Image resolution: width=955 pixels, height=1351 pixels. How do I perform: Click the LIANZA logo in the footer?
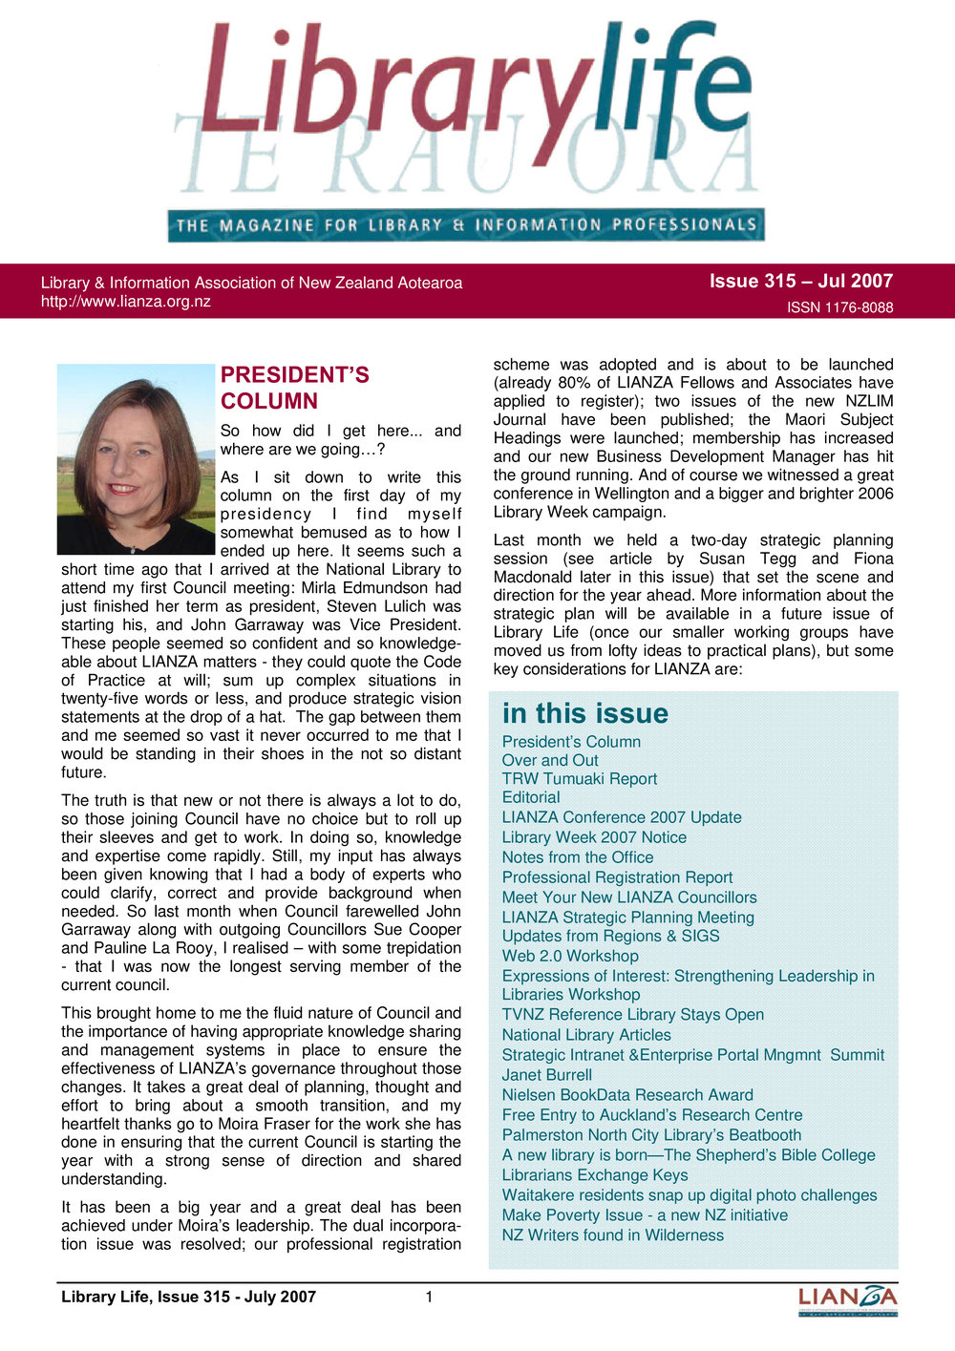pyautogui.click(x=847, y=1299)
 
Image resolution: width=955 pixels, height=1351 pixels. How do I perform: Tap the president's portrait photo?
pyautogui.click(x=136, y=458)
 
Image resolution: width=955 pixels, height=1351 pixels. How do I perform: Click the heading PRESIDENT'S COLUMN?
pyautogui.click(x=294, y=388)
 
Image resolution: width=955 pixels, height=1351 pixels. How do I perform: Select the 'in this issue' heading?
pyautogui.click(x=584, y=713)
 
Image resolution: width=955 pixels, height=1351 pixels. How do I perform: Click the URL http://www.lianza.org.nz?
pyautogui.click(x=125, y=302)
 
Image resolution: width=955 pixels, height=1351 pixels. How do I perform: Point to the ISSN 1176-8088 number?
pyautogui.click(x=839, y=307)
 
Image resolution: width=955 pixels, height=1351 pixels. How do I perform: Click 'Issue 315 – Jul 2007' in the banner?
pyautogui.click(x=800, y=281)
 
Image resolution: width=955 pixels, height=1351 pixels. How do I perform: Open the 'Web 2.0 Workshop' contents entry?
pyautogui.click(x=570, y=956)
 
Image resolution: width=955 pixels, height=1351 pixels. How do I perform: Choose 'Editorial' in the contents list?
pyautogui.click(x=531, y=797)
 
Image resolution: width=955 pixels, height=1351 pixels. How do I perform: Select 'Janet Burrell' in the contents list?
pyautogui.click(x=546, y=1075)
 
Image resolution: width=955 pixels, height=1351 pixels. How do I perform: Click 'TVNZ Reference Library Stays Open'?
pyautogui.click(x=632, y=1015)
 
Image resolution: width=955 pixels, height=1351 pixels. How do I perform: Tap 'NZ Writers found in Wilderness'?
pyautogui.click(x=612, y=1235)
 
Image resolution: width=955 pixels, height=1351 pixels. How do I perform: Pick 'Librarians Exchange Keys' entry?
pyautogui.click(x=595, y=1175)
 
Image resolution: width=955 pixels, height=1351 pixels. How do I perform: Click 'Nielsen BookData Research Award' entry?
pyautogui.click(x=627, y=1095)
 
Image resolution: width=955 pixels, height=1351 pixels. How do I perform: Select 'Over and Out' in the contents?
pyautogui.click(x=550, y=760)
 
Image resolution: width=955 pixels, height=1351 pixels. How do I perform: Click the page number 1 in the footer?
pyautogui.click(x=430, y=1297)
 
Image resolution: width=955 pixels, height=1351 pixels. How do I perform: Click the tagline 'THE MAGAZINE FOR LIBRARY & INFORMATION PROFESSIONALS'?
pyautogui.click(x=466, y=226)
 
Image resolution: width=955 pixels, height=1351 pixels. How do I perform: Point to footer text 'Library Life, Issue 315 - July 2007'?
pyautogui.click(x=188, y=1297)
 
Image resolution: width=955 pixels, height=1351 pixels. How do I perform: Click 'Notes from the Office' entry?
pyautogui.click(x=578, y=857)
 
